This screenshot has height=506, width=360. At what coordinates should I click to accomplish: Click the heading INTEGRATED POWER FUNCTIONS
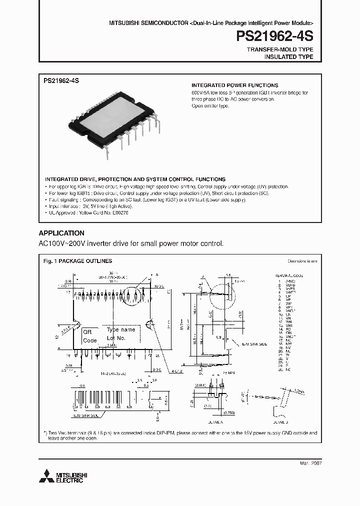tap(235, 85)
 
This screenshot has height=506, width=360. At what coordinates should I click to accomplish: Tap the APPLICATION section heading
tap(61, 233)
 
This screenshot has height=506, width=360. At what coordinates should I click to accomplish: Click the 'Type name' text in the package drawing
tap(121, 330)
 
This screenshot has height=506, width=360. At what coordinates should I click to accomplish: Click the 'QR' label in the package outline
tap(87, 332)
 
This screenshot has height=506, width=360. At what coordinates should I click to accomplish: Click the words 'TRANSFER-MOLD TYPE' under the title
tap(280, 49)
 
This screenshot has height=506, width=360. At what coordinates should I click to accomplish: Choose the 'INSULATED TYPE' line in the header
tap(288, 57)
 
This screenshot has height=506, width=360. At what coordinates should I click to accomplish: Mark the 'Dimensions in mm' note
tap(302, 261)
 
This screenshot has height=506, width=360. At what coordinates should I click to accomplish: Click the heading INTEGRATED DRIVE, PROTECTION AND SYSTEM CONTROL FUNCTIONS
tap(135, 179)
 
